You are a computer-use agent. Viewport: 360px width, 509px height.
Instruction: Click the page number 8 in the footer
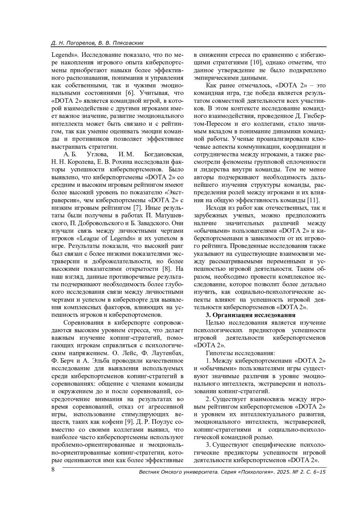(53, 469)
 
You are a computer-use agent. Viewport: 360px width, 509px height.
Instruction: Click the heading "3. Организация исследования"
(250, 315)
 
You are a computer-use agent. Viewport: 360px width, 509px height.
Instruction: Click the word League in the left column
(91, 238)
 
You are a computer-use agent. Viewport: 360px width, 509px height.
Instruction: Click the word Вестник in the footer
(149, 472)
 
